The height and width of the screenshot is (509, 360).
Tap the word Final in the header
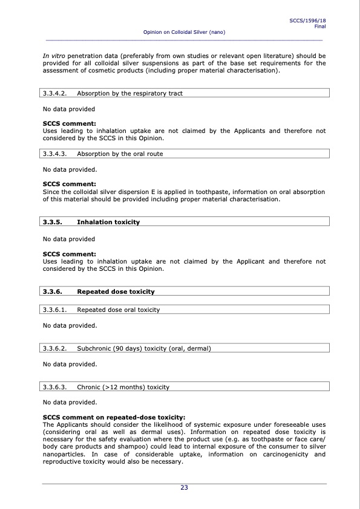[319, 27]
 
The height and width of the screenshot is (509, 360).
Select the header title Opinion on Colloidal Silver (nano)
[185, 31]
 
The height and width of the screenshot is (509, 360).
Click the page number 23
[184, 488]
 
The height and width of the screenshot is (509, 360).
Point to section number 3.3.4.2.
[55, 94]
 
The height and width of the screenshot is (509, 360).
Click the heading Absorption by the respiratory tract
[129, 94]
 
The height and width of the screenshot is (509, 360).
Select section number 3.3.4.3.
[55, 154]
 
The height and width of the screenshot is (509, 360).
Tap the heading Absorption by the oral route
[120, 154]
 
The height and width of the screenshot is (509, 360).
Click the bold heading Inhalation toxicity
[108, 222]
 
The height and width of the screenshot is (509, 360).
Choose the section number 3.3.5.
[53, 222]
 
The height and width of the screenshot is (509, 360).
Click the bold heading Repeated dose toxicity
[116, 292]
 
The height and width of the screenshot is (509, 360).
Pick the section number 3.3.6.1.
[55, 310]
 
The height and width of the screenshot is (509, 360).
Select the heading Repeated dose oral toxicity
[118, 310]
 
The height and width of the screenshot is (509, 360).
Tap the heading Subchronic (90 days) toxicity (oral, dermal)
[143, 349]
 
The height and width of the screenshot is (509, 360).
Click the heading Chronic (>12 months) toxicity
[123, 387]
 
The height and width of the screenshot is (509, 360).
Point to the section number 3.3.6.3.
[55, 387]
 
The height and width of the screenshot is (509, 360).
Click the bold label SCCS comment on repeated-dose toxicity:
[114, 417]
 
